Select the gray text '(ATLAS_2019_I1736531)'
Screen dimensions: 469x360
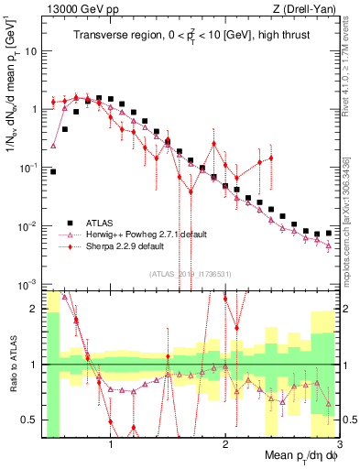(x=191, y=274)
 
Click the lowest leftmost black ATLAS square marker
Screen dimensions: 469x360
(x=53, y=171)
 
